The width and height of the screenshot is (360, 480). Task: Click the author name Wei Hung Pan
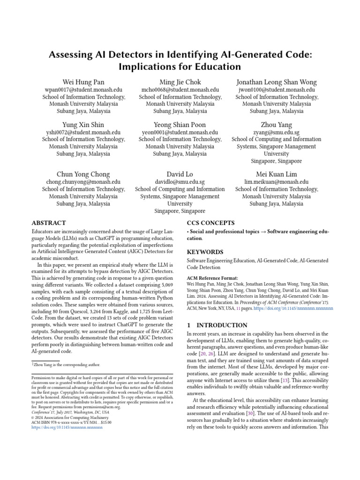coord(83,82)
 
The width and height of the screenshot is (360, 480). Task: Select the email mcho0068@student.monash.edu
coord(180,90)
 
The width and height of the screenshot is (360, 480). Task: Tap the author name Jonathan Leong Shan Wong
coord(277,82)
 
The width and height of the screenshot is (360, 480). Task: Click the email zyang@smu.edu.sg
coord(277,133)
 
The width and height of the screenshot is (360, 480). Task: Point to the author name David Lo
coord(180,174)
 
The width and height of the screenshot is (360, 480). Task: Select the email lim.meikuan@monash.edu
coord(277,182)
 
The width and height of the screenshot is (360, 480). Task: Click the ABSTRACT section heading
coord(48,223)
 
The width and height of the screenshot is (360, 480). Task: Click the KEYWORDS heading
coord(205,252)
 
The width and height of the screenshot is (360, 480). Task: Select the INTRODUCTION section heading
coord(217,325)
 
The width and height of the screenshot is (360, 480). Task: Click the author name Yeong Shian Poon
coord(180,125)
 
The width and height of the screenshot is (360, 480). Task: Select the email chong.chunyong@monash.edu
coord(83,182)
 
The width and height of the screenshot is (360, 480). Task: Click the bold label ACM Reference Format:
coord(212,278)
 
